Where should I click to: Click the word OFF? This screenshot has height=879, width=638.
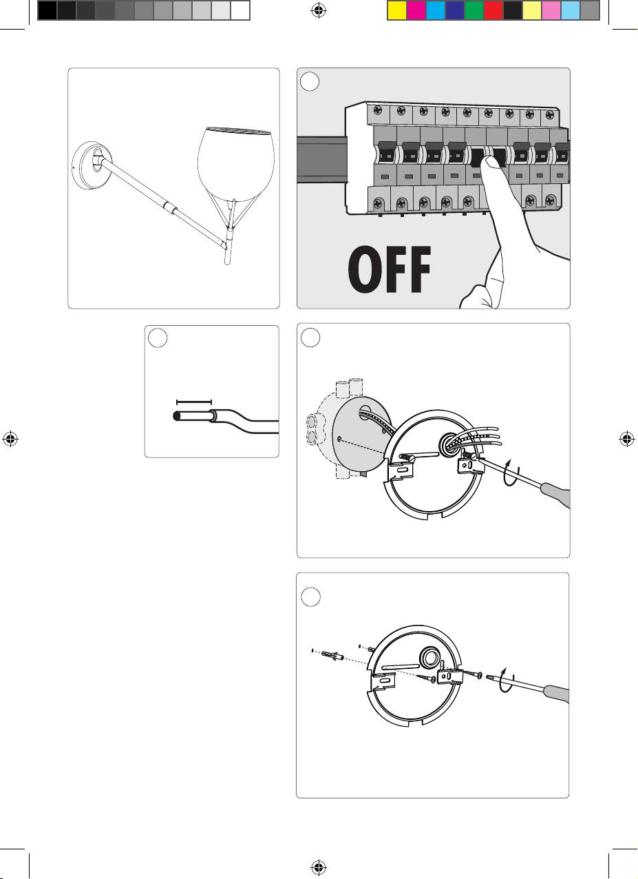390,269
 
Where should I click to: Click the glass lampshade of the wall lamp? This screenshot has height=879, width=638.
235,165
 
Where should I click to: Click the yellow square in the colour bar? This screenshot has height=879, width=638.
396,10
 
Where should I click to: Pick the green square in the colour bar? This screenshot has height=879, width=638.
474,10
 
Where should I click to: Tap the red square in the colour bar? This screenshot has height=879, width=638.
493,10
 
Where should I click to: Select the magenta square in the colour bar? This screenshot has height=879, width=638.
416,10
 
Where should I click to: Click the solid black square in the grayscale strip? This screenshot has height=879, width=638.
47,10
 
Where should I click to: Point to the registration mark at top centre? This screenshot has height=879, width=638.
319,10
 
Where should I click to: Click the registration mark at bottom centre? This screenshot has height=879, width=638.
319,867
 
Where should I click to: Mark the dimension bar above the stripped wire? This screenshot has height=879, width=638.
194,402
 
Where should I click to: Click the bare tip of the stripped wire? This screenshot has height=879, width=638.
176,416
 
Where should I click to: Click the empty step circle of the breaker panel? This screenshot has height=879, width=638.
310,81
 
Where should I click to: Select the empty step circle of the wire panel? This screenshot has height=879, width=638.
158,338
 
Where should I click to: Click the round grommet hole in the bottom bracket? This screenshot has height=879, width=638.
430,658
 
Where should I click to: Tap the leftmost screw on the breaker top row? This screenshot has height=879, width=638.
379,110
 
